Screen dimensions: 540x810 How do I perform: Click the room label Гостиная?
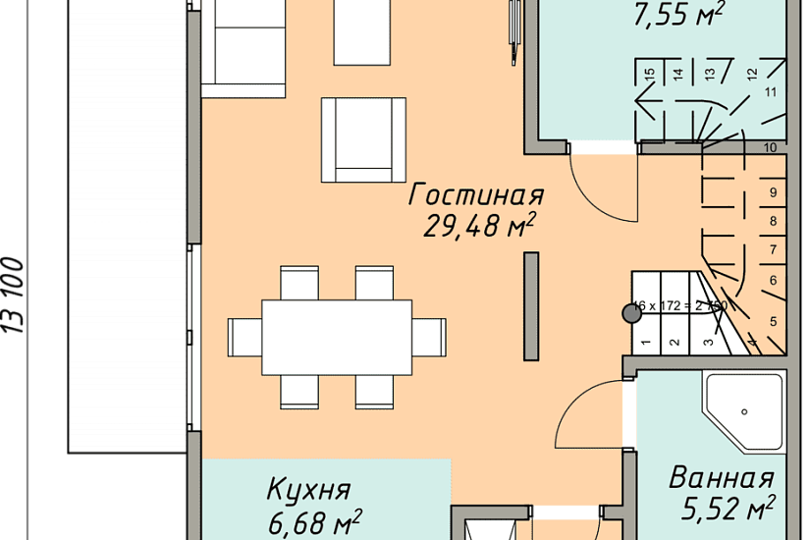point(475,193)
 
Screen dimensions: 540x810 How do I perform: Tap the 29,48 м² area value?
point(479,227)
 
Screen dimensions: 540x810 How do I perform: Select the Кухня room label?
point(309,489)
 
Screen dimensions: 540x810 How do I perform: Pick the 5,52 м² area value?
point(728,510)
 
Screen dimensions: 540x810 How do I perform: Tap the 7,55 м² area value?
point(678,13)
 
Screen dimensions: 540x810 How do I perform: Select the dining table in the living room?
point(337,337)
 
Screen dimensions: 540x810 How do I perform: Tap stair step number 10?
point(771,147)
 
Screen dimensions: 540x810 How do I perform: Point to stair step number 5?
point(773,321)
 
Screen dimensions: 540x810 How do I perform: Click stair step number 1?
point(646,343)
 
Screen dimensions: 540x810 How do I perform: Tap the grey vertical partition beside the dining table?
point(531,305)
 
